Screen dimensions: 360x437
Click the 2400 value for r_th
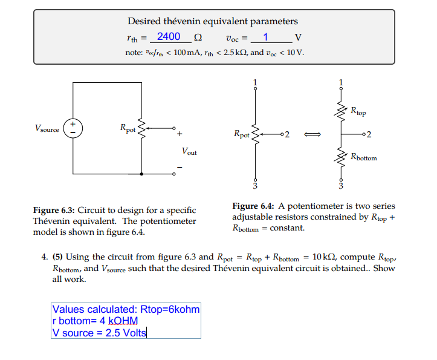coord(168,37)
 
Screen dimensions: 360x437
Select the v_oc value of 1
coord(265,37)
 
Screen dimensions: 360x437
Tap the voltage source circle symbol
coord(73,128)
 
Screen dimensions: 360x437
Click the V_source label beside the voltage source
coord(47,128)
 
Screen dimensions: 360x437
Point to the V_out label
coord(189,151)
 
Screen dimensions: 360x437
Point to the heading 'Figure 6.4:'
coord(254,206)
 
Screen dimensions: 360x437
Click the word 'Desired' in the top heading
coord(145,22)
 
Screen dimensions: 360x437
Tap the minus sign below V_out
coord(180,168)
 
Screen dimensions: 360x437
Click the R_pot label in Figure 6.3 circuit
coord(128,128)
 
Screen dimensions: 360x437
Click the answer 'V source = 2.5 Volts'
coord(100,333)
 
